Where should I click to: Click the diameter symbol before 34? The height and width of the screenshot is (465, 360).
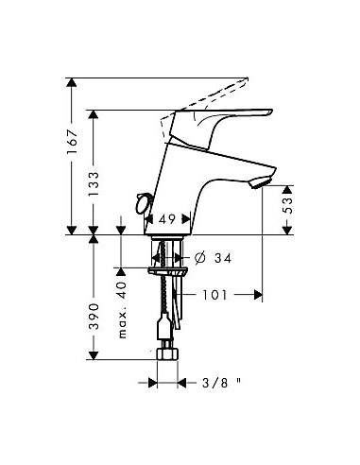coord(200,257)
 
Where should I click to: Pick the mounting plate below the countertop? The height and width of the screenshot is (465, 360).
coord(167,270)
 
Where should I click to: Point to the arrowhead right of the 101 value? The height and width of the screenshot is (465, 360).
coord(259,294)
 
